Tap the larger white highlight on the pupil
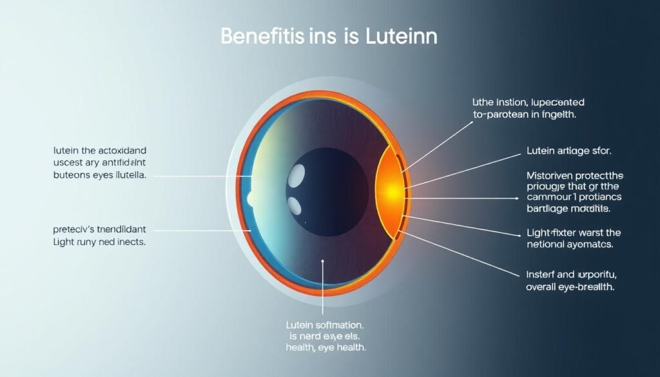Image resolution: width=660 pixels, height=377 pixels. click(x=297, y=174)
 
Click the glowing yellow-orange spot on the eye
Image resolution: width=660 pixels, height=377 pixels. click(x=391, y=191)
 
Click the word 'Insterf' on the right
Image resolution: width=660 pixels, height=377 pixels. click(x=543, y=274)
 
